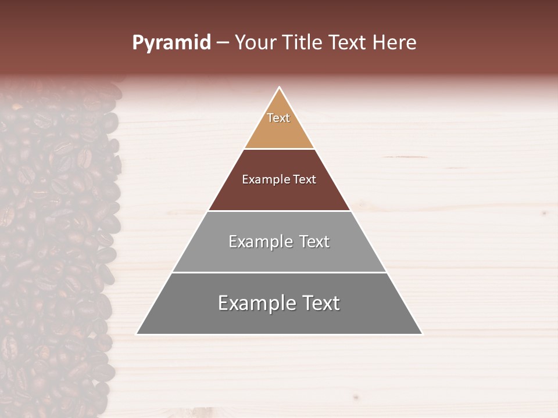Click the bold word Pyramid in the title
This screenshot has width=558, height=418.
(171, 43)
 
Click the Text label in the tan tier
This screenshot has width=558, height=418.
(278, 118)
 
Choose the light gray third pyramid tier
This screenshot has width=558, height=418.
(279, 255)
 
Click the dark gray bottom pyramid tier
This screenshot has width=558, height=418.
(279, 319)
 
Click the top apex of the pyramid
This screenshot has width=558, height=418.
(279, 88)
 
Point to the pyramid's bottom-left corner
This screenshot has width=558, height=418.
(137, 334)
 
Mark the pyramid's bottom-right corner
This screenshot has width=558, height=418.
(421, 334)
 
